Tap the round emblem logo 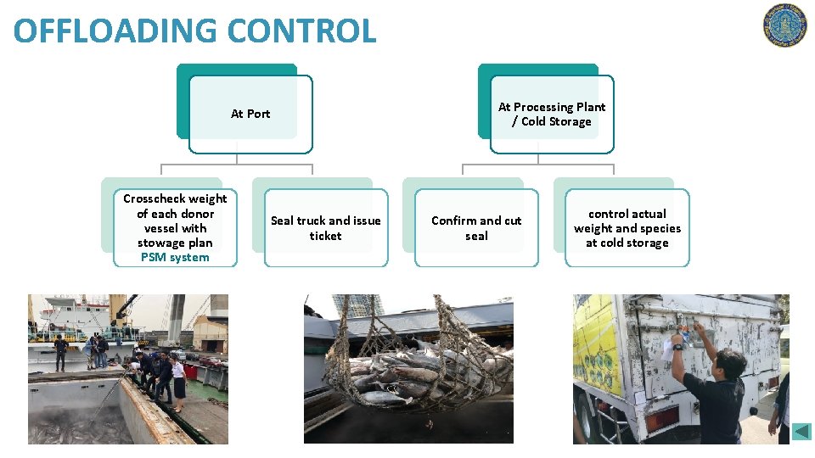point(784,25)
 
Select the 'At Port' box point(250,114)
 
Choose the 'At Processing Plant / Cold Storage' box point(552,114)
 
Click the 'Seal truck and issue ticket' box point(325,227)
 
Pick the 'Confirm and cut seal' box point(476,227)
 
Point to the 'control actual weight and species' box point(627,227)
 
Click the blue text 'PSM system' point(175,257)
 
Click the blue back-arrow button point(801,432)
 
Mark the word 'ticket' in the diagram point(325,236)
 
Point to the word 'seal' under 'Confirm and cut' point(476,236)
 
